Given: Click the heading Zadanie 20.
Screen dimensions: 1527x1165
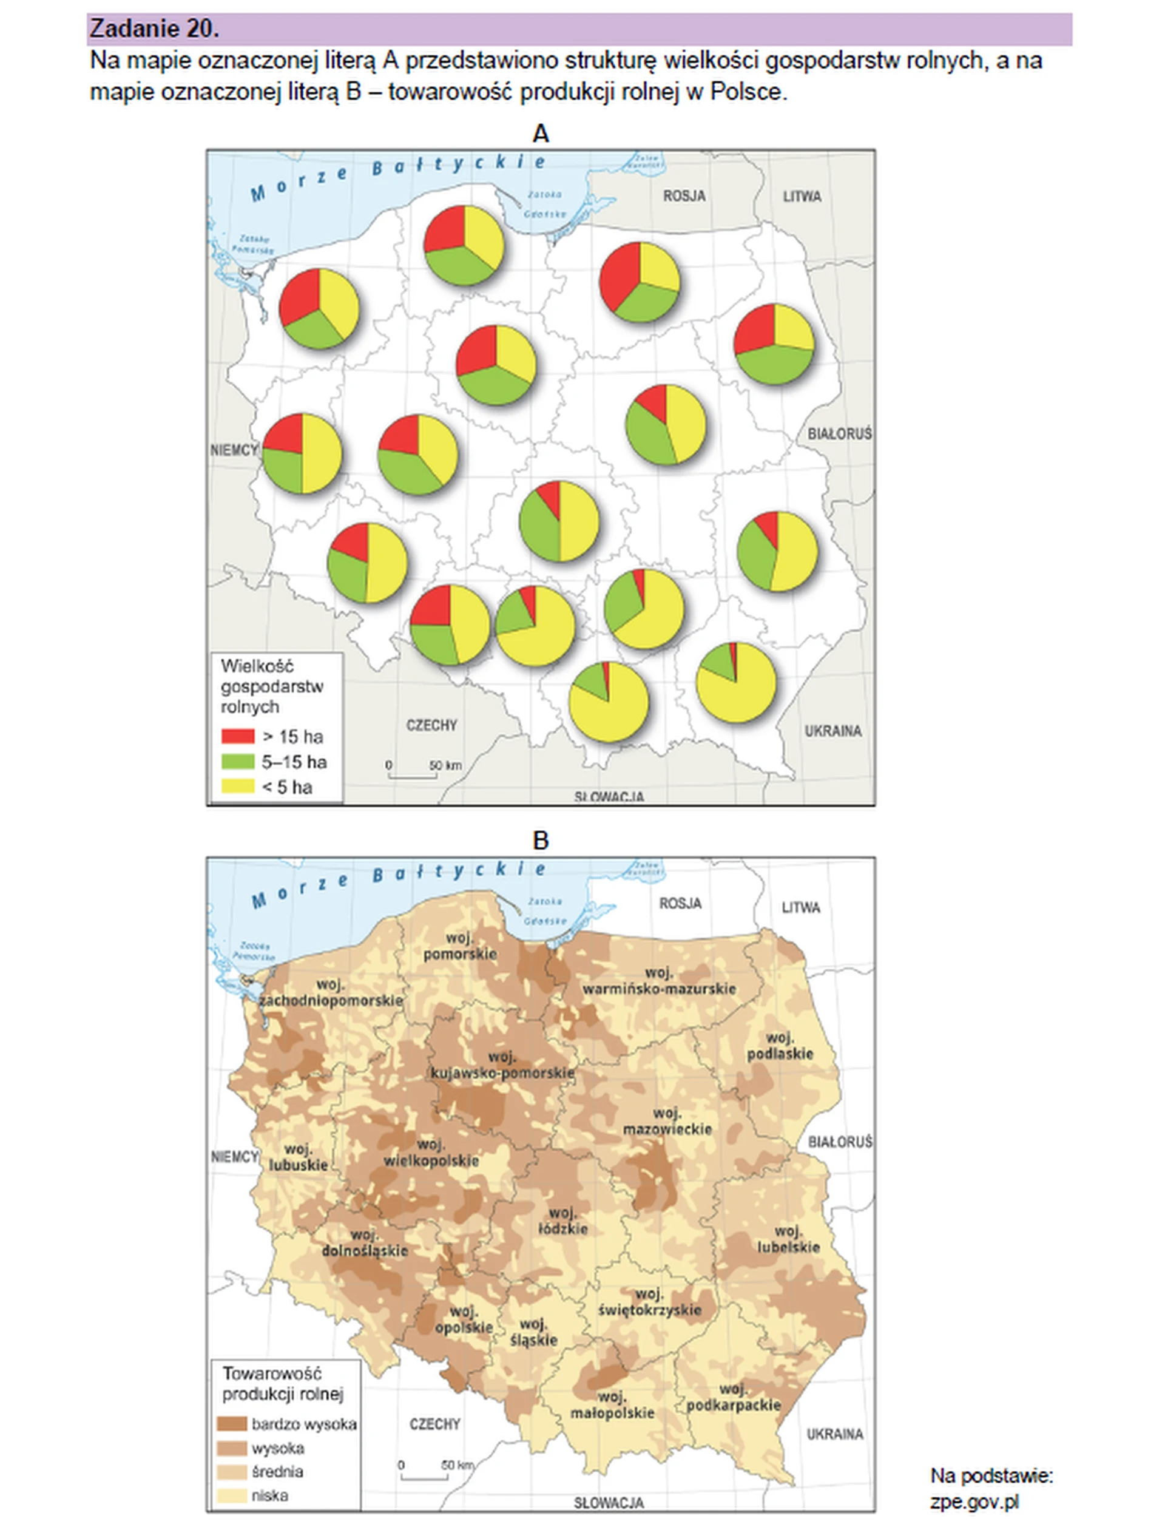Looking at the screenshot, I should [154, 29].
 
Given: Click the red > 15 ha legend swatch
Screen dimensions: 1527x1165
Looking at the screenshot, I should [237, 736].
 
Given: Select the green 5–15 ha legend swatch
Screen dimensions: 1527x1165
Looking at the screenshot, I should [237, 762].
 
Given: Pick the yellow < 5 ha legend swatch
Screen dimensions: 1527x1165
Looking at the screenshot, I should [237, 787].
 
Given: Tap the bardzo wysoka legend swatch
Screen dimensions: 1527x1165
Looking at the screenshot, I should [232, 1424].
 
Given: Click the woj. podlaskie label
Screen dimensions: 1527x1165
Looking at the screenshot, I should [780, 1046].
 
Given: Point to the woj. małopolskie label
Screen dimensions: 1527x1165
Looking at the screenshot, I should [612, 1404].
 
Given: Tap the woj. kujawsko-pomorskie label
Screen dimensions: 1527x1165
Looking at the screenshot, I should [502, 1065].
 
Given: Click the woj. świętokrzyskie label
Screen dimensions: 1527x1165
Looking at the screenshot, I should [650, 1302].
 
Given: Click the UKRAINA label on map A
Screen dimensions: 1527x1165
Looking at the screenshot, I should [833, 731].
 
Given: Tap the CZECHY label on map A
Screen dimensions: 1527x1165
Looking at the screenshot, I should [431, 725].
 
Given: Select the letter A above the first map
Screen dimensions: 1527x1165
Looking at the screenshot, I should [540, 133].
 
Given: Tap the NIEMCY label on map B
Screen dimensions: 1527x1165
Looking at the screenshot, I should [234, 1156].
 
